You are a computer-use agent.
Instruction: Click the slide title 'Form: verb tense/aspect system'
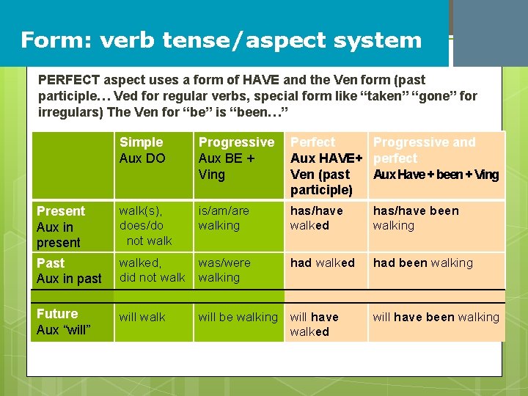(x=221, y=40)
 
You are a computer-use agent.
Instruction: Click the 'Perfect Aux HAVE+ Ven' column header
(x=325, y=166)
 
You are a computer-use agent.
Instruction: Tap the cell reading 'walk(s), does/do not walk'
(x=152, y=225)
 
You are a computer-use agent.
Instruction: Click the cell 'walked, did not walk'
(x=152, y=270)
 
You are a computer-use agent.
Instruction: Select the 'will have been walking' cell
(x=436, y=317)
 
